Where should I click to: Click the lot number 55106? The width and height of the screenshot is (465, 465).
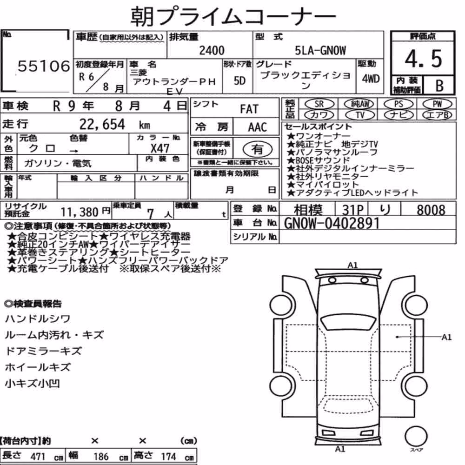[44, 66]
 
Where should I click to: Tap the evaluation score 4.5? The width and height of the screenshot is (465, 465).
[423, 59]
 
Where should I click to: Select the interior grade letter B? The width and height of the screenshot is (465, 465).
[439, 86]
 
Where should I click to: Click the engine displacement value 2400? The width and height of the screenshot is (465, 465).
[212, 50]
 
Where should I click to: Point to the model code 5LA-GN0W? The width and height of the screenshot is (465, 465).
[320, 50]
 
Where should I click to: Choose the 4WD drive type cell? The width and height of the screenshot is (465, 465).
[371, 79]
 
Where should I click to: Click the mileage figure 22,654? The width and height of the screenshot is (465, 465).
[102, 124]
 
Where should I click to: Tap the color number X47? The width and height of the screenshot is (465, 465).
[160, 148]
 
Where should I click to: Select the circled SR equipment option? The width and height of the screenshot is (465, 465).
[319, 104]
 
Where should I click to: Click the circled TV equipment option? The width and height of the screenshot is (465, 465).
[360, 115]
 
